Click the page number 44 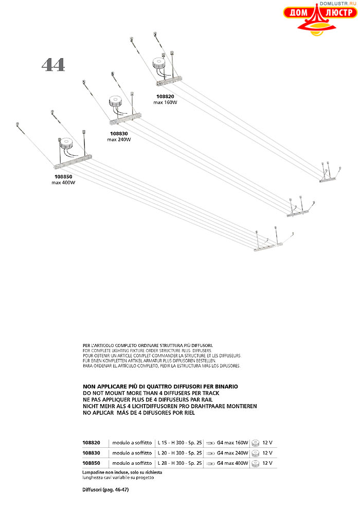pyautogui.click(x=53, y=65)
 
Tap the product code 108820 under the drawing pyautogui.click(x=165, y=96)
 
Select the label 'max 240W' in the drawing pyautogui.click(x=119, y=139)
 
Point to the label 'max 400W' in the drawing pyautogui.click(x=63, y=183)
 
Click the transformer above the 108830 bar pyautogui.click(x=114, y=101)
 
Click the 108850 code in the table pyautogui.click(x=92, y=463)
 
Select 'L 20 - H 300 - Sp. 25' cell pyautogui.click(x=179, y=453)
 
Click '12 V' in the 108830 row pyautogui.click(x=267, y=453)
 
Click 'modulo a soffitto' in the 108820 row pyautogui.click(x=133, y=442)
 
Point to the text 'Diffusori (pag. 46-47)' pyautogui.click(x=105, y=490)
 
